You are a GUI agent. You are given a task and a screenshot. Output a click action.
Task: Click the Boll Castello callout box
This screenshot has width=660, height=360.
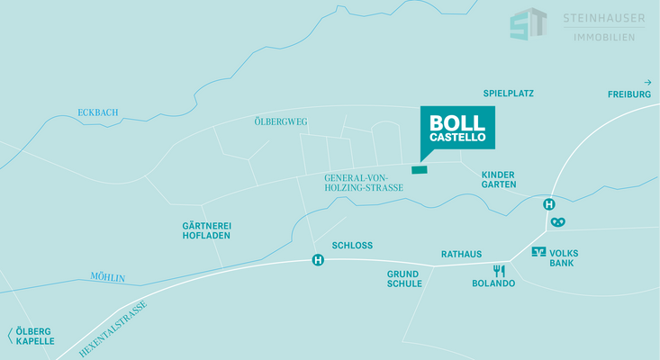pyautogui.click(x=457, y=128)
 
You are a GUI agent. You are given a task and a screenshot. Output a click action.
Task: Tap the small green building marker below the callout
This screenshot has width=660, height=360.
pyautogui.click(x=420, y=168)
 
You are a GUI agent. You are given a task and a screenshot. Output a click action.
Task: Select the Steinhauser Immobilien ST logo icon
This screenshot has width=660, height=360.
pyautogui.click(x=529, y=24)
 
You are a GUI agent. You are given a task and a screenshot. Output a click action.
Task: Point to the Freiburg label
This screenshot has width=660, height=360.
pyautogui.click(x=628, y=94)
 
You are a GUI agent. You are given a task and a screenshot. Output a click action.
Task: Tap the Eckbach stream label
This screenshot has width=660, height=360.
pyautogui.click(x=98, y=112)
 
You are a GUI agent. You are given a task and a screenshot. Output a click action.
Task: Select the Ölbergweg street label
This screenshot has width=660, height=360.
pyautogui.click(x=281, y=121)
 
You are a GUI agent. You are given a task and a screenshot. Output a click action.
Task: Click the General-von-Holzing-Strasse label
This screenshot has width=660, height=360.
pyautogui.click(x=364, y=183)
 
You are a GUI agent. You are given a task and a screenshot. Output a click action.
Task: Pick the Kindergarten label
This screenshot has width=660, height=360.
pyautogui.click(x=499, y=179)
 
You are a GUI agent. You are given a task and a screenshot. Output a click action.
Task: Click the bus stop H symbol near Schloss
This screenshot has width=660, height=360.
pyautogui.click(x=317, y=261)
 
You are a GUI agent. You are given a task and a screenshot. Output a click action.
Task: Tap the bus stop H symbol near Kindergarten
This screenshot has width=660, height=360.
pyautogui.click(x=548, y=204)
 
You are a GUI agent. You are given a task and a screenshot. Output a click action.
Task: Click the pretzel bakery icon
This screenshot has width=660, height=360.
pyautogui.click(x=559, y=221)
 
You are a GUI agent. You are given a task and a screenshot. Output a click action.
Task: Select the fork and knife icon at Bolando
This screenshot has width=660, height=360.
pyautogui.click(x=499, y=270)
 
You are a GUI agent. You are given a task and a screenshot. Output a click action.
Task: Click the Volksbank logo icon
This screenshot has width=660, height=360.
pyautogui.click(x=539, y=252)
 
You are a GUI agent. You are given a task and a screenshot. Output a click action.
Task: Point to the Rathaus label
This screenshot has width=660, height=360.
pyautogui.click(x=461, y=254)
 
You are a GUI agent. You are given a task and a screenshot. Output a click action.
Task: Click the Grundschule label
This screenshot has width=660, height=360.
pyautogui.click(x=404, y=278)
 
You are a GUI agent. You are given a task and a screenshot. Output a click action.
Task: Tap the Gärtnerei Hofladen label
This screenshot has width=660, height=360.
pyautogui.click(x=206, y=229)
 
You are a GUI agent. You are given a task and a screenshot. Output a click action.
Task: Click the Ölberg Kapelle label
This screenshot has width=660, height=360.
pyautogui.click(x=34, y=336)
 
